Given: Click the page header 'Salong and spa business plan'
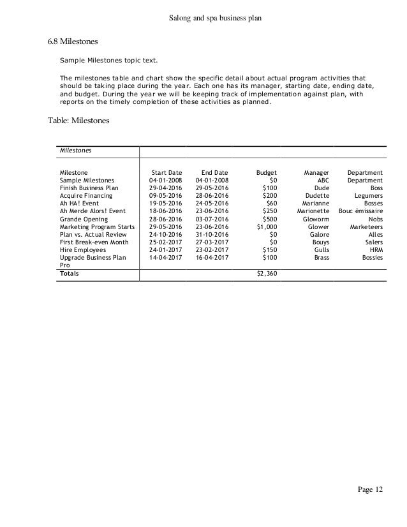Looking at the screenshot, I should coord(203,20).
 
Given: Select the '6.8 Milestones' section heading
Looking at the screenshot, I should coord(73,42).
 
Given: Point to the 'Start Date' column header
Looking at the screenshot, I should coord(166,172).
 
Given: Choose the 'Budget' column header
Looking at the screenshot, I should coord(266,172).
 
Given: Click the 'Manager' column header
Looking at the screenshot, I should coord(316,172).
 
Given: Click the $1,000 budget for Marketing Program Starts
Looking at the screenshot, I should coord(267,226).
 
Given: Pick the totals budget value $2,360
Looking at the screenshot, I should coord(266,273).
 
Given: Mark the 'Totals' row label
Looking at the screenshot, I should coord(70,273).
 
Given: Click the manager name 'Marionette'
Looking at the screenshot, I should coord(313,211).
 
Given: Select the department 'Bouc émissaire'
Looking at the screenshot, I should coord(360,211).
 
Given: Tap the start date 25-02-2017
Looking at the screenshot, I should coord(165,241).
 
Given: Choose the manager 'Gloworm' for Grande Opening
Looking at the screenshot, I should coord(316,218).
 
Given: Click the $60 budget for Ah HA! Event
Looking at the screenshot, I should coord(270,203).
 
